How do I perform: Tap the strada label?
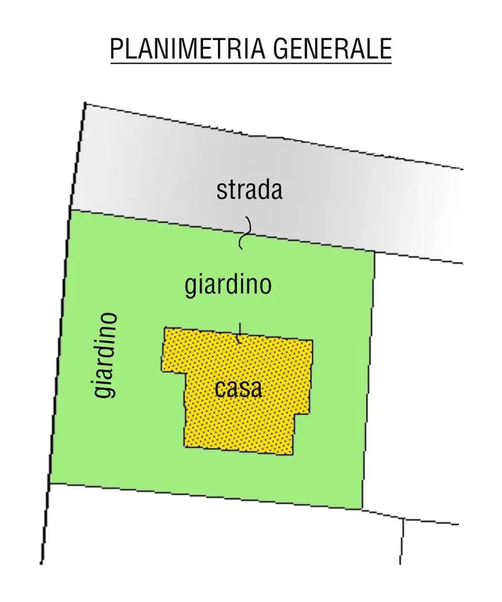[250, 190]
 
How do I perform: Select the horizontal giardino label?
[228, 284]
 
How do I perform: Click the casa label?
[239, 389]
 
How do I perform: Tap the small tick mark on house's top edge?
[240, 333]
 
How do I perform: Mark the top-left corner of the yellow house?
[165, 328]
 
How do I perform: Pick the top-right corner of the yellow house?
[313, 341]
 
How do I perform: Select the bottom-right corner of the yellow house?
[291, 455]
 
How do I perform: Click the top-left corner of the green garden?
[70, 210]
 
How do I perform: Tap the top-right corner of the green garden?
[375, 252]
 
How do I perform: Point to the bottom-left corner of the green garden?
[50, 483]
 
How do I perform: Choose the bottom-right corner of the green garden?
[362, 509]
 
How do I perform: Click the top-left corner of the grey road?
[85, 104]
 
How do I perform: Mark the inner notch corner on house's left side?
[185, 373]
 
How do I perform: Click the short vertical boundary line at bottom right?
[402, 541]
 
